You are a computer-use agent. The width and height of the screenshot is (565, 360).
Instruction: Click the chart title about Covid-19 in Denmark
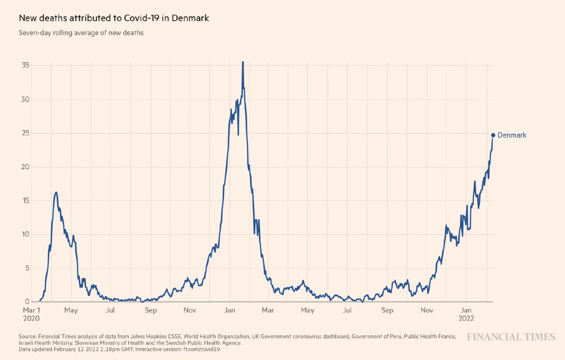[x=114, y=18]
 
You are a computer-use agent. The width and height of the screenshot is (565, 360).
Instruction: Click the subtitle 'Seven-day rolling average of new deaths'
[x=81, y=33]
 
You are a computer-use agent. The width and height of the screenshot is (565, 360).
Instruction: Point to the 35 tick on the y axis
[x=25, y=65]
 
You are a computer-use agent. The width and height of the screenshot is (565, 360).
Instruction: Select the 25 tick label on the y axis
[x=25, y=133]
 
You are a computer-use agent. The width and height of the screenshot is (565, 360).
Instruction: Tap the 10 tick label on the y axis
[x=25, y=234]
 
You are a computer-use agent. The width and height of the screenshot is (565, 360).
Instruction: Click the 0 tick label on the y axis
[x=27, y=301]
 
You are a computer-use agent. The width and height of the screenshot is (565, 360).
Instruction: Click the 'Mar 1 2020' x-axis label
[x=31, y=314]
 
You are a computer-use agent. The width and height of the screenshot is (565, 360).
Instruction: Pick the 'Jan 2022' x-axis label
[x=466, y=314]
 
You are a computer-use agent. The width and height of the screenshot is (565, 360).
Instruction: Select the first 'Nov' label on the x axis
[x=190, y=310]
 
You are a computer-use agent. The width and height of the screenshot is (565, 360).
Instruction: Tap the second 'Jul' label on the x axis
[x=347, y=310]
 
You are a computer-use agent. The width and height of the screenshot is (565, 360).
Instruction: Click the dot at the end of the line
[x=493, y=135]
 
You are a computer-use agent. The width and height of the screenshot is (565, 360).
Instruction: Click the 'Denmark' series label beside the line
[x=512, y=135]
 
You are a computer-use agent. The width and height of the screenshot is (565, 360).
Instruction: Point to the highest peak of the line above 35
[x=243, y=63]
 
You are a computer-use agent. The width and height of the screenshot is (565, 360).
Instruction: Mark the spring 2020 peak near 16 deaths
[x=56, y=193]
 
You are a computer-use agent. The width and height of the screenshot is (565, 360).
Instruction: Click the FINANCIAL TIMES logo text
[x=511, y=337]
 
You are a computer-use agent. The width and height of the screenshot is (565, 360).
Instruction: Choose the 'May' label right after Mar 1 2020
[x=71, y=310]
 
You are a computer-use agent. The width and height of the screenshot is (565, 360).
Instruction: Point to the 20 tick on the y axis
[x=25, y=167]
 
